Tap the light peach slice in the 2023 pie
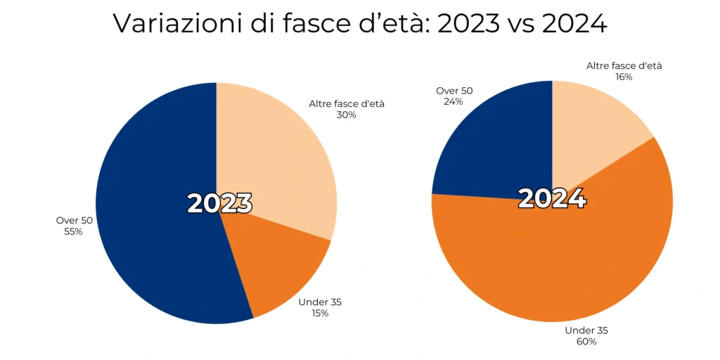(x=274, y=162)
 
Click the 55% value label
(x=73, y=231)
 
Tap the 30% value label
(x=346, y=115)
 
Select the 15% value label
(x=319, y=313)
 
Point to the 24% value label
(x=454, y=101)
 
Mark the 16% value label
(x=624, y=77)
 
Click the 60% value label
(x=586, y=341)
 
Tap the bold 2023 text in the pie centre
(x=219, y=203)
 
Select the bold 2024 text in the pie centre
(x=552, y=198)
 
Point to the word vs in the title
(x=519, y=25)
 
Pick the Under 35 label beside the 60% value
(x=586, y=330)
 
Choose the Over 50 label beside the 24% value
(x=454, y=91)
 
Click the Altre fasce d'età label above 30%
(x=347, y=103)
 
